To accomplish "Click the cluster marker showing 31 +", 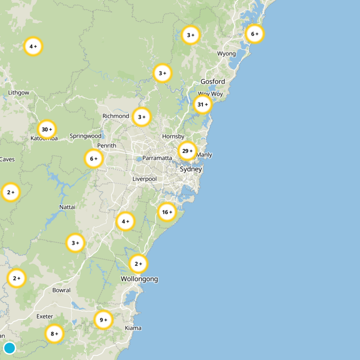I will (202, 104).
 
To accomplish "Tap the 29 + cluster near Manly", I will (187, 151).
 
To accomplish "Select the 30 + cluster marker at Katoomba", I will (47, 129).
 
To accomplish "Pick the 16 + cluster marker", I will (167, 212).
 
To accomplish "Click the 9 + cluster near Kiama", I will (103, 320).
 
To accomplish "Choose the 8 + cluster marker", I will (54, 334).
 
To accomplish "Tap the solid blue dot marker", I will (9, 348).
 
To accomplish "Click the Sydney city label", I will (191, 170).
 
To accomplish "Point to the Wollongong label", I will (139, 279).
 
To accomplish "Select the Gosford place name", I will (213, 81).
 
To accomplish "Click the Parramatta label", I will (157, 158).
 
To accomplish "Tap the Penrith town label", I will (107, 145).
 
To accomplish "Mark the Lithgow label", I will (18, 93).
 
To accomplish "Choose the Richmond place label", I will (116, 116).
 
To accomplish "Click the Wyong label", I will (226, 54).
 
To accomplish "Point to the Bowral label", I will (61, 290).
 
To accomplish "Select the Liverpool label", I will (144, 179).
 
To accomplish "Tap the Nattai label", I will (67, 207).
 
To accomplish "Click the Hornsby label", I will (173, 136).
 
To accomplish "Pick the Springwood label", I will (85, 136).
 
